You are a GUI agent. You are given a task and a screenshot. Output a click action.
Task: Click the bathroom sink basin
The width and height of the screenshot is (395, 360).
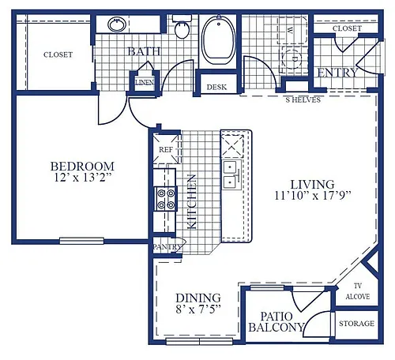[x=117, y=24]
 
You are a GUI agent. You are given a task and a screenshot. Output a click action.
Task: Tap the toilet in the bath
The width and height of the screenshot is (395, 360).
[x=182, y=27]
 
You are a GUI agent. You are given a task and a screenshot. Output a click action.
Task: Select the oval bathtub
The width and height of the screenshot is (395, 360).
[x=218, y=39]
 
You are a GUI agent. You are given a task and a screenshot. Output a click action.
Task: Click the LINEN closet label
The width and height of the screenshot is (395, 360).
[x=145, y=82]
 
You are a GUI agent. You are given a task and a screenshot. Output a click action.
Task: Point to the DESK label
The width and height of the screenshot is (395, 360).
[x=216, y=87]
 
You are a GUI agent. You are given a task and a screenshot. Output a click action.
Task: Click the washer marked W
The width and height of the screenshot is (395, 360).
[x=293, y=29]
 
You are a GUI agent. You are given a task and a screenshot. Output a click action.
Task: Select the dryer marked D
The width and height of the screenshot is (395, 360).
[x=294, y=58]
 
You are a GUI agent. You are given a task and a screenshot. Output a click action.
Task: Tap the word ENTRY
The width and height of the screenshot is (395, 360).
[x=337, y=73]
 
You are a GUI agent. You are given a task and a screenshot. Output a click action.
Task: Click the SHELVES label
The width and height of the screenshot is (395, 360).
[x=303, y=99]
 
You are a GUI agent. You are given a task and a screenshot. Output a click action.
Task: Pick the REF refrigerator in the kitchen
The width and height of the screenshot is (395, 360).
[x=167, y=148]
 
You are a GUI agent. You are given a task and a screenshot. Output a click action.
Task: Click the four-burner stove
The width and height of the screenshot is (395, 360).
[x=166, y=199]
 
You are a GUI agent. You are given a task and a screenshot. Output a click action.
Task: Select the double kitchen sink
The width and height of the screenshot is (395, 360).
[x=231, y=174]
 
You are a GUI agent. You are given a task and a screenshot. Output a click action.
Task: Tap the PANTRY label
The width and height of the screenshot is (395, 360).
[x=167, y=247]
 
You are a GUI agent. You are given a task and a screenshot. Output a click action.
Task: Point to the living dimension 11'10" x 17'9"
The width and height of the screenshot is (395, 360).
[x=313, y=196]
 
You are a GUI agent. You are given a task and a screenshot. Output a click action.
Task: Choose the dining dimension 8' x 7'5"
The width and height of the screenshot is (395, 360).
[x=198, y=309]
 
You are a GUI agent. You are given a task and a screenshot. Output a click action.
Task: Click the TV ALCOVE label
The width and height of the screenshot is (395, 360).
[x=358, y=291]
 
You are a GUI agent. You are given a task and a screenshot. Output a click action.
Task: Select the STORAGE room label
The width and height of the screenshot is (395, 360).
[x=356, y=323]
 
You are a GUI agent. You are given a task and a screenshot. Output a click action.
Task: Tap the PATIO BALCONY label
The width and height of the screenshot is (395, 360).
[x=276, y=321]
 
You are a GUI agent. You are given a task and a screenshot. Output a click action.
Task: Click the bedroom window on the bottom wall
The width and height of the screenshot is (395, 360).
[x=81, y=241]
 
